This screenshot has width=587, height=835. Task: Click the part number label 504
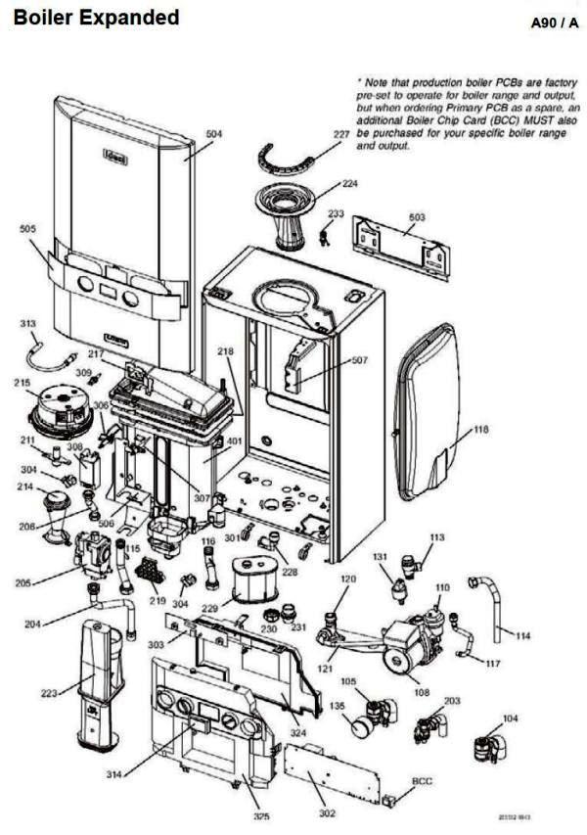point(213,133)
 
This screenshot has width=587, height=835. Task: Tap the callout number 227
point(340,133)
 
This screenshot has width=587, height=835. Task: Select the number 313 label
point(28,322)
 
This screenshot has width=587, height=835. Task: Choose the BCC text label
point(422,781)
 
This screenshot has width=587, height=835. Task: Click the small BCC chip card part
point(391,801)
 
